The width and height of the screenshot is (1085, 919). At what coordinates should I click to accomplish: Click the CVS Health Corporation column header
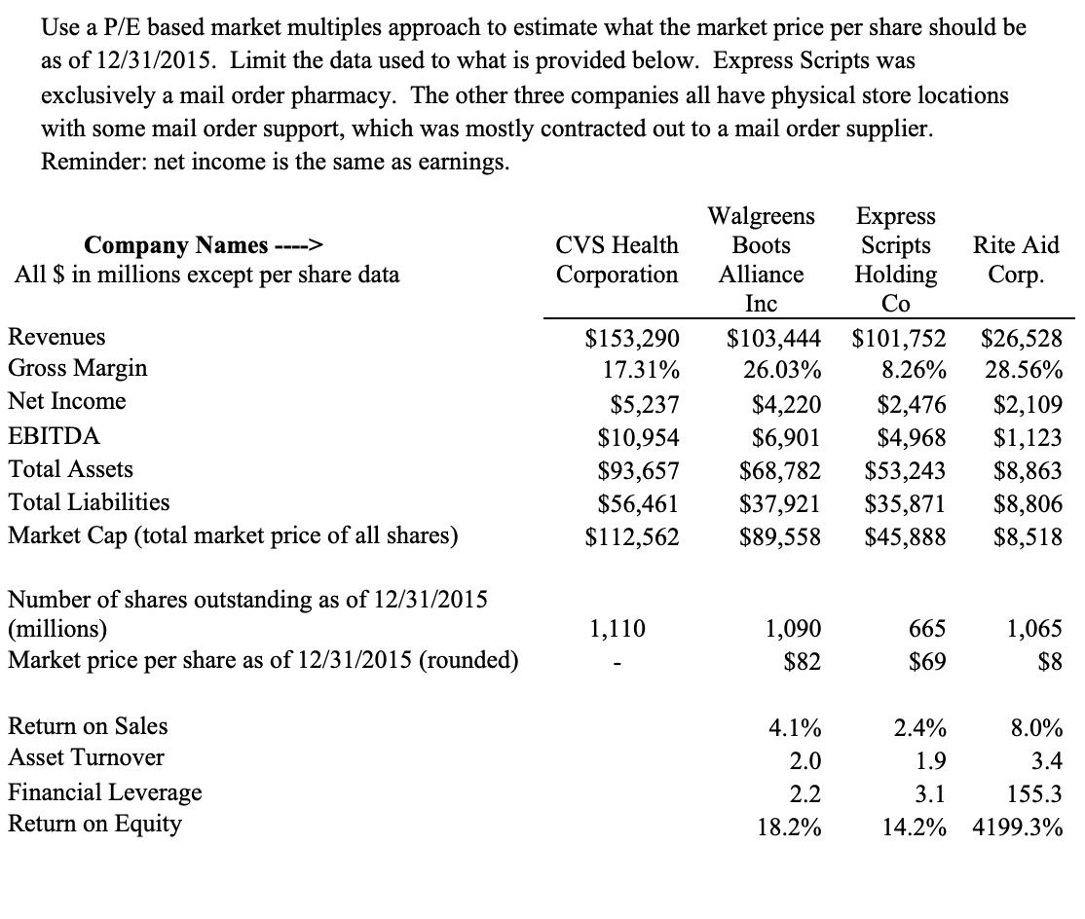tap(617, 259)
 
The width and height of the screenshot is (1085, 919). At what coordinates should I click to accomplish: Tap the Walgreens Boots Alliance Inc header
tap(761, 259)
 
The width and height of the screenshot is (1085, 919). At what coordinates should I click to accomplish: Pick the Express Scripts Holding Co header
tap(895, 259)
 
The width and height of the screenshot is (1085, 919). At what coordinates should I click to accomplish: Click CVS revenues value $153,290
tap(631, 338)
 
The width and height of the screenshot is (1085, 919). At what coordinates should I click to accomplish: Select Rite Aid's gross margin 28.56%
tap(1023, 370)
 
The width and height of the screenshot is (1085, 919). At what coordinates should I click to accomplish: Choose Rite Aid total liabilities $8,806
tap(1029, 504)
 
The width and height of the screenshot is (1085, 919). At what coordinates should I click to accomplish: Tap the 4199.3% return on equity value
tap(1017, 828)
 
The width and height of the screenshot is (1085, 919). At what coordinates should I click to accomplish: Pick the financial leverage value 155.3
tap(1036, 793)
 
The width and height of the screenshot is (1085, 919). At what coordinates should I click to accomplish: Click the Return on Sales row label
tap(88, 726)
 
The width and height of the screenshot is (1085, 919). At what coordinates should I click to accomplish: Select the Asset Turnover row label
tap(86, 757)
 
